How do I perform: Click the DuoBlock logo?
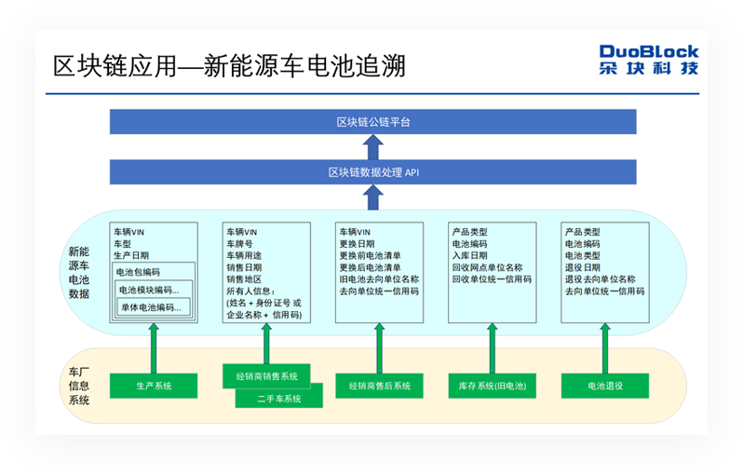tap(648, 60)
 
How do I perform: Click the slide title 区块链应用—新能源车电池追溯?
tap(229, 67)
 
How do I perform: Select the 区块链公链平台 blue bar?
tap(373, 122)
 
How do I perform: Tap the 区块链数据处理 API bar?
tap(373, 172)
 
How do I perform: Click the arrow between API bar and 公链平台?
tap(373, 147)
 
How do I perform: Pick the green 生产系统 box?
tap(155, 385)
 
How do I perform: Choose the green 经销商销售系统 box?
tap(266, 376)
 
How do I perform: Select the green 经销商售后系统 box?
tap(380, 386)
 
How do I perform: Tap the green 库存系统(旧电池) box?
tap(493, 386)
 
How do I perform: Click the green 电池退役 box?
tap(605, 386)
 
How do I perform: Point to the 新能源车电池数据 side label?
tap(79, 272)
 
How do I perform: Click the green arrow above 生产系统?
tap(155, 347)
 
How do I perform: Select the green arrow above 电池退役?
tap(605, 347)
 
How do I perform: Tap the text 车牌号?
tap(240, 244)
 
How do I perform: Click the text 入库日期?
tap(470, 256)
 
